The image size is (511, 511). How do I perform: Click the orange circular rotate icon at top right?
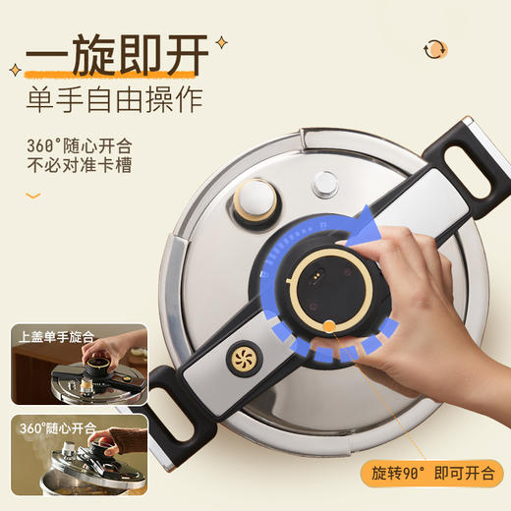[434, 48]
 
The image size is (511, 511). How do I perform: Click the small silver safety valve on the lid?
[325, 184]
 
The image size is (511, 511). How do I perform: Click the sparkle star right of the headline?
[221, 42]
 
